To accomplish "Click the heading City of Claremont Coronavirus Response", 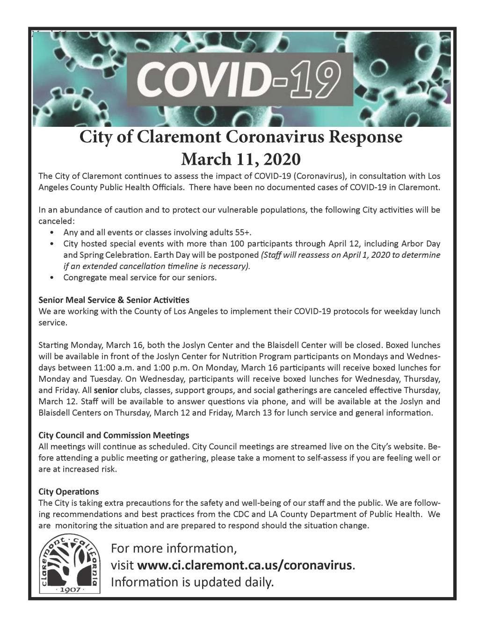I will click(x=240, y=137).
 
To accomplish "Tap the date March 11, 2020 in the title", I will click(x=240, y=159).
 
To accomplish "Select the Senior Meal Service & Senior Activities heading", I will click(x=114, y=299).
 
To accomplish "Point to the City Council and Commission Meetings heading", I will click(x=114, y=435).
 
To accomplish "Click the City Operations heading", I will click(x=69, y=492).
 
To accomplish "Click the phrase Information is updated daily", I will click(x=192, y=583).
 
